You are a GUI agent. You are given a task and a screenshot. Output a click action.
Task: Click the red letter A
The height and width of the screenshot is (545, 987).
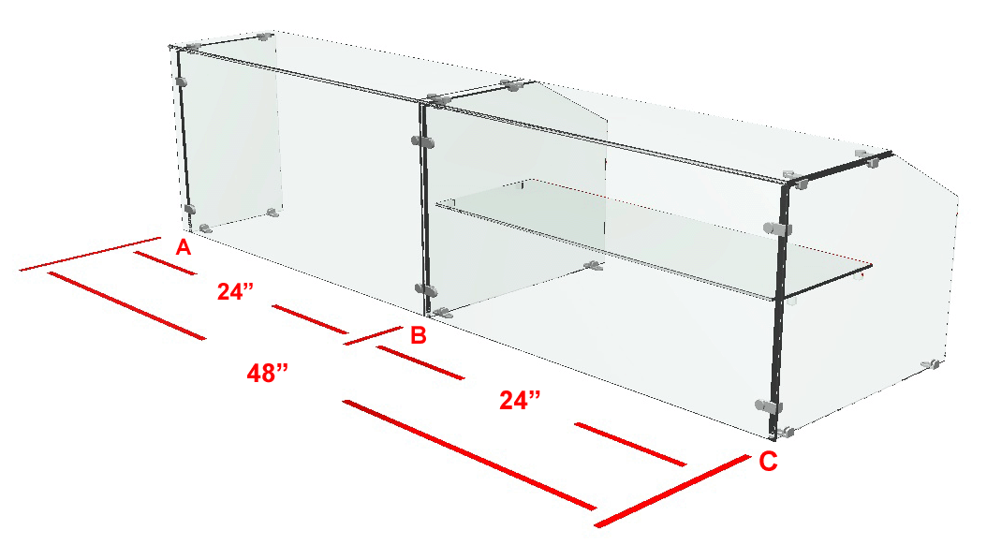click(x=183, y=247)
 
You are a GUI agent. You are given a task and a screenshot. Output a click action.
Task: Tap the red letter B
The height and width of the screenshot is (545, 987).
click(x=419, y=335)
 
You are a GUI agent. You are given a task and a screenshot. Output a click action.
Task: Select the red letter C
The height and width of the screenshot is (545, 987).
click(x=768, y=462)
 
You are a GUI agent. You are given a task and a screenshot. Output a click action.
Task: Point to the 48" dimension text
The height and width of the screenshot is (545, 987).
click(x=267, y=374)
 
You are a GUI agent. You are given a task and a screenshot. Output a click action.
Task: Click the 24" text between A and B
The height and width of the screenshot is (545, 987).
click(x=235, y=291)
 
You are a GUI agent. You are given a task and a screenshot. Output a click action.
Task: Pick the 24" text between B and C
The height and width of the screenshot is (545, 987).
click(x=520, y=400)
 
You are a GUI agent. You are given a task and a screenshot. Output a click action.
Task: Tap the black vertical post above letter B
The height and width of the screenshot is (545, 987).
click(x=423, y=210)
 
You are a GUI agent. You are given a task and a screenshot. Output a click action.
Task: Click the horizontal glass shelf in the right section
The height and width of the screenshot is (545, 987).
click(x=655, y=239)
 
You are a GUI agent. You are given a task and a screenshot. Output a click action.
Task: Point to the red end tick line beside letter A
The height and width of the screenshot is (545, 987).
click(x=90, y=255)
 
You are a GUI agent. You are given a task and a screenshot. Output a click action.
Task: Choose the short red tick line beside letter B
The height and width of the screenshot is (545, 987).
click(x=373, y=335)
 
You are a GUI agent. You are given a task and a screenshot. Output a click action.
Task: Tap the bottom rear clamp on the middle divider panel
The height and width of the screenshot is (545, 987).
click(x=594, y=266)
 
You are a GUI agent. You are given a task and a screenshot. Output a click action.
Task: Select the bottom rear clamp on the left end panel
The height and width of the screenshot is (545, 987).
click(x=272, y=213)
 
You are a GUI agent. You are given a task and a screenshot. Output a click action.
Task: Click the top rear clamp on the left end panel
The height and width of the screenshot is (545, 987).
click(x=264, y=37)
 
